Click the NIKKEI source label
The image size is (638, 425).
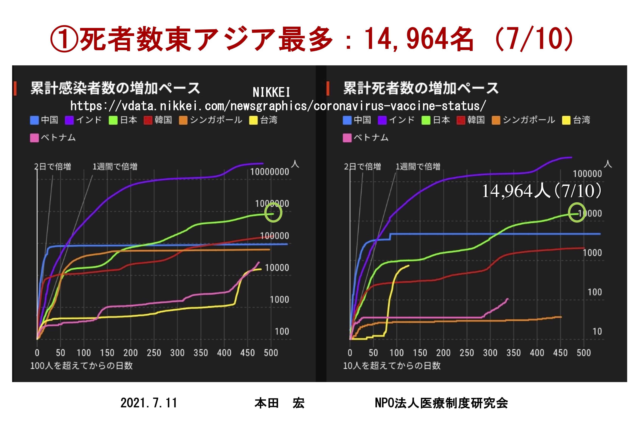(271, 92)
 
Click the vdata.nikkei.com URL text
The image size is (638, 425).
(278, 106)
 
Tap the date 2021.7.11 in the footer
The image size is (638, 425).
(148, 403)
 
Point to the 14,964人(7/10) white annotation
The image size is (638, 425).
(541, 191)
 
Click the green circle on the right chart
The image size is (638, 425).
(577, 212)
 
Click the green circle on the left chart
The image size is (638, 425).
(273, 213)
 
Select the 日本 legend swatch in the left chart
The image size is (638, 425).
(113, 120)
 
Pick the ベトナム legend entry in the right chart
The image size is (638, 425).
(366, 138)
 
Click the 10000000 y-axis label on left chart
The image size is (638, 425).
(269, 172)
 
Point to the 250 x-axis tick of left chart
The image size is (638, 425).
(154, 353)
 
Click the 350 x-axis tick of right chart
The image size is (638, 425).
(513, 353)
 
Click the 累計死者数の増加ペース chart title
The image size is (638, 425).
(421, 88)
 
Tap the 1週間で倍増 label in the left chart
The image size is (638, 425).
(115, 166)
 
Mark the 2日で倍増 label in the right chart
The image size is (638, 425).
(362, 166)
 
